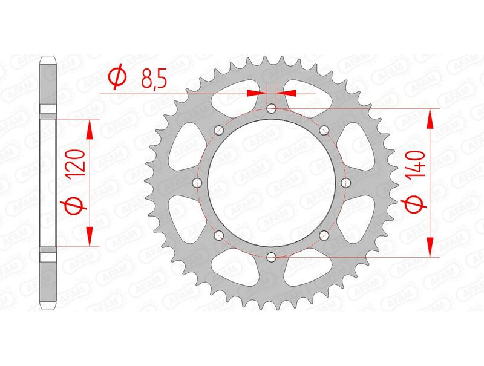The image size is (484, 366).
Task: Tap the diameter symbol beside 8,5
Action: coord(117,77)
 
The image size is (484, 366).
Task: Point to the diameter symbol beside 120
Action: coord(74,208)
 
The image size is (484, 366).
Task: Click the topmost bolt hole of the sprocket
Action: coord(271,109)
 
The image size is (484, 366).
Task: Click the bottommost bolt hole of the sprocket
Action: coord(271,257)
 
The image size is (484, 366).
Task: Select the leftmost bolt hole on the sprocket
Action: coord(195,183)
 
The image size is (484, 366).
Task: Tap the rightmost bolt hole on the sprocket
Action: coord(346,183)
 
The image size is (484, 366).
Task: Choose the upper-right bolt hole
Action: coord(324,130)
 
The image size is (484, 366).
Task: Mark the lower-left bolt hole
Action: coord(218,235)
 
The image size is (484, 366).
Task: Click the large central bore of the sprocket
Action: coord(271,183)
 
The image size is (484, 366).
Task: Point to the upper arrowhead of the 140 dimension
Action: coord(430,119)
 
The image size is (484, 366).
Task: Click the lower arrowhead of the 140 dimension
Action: coord(430,246)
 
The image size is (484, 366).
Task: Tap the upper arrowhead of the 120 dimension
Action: coord(91,129)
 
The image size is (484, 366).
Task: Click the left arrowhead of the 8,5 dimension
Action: coord(257,93)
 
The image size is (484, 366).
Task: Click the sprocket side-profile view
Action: coord(48,183)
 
